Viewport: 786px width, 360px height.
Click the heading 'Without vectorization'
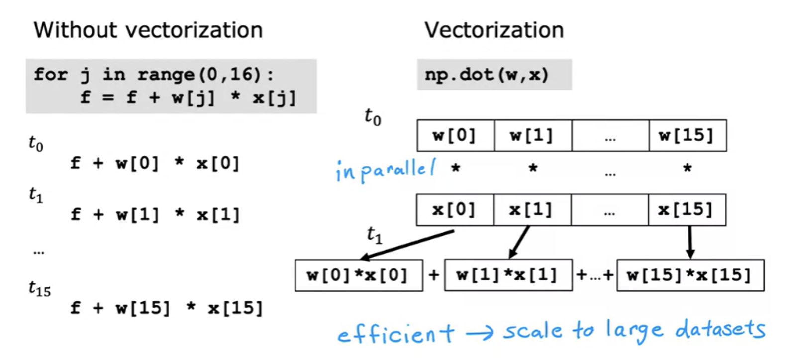148,30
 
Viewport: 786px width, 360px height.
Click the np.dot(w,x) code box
494,75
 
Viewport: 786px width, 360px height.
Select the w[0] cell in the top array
456,135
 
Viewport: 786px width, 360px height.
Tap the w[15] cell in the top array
688,135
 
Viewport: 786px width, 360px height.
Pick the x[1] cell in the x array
532,210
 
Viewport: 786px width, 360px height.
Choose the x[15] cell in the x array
687,210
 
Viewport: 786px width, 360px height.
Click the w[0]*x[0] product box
359,275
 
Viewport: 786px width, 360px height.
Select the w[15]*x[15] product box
690,275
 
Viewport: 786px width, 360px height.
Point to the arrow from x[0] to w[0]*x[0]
407,245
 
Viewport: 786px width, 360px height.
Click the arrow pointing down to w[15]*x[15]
690,242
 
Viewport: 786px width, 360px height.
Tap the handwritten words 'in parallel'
386,171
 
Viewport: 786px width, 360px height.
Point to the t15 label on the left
40,289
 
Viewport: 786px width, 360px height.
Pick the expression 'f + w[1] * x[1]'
155,214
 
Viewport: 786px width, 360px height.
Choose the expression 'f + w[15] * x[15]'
166,308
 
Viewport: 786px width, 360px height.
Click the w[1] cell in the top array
533,135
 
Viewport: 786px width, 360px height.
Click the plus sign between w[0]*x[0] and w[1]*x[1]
434,275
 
